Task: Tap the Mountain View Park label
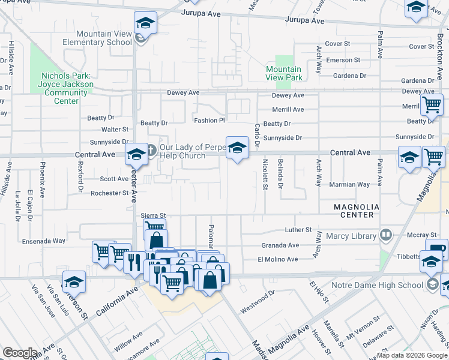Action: (284, 74)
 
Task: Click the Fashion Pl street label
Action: (209, 121)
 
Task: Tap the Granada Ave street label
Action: (280, 245)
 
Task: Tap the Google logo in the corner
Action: (20, 353)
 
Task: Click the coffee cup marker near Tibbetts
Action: (436, 249)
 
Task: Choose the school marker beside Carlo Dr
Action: (238, 148)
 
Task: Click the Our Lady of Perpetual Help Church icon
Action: (151, 149)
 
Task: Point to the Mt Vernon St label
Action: (362, 322)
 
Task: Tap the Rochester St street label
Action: (109, 193)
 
